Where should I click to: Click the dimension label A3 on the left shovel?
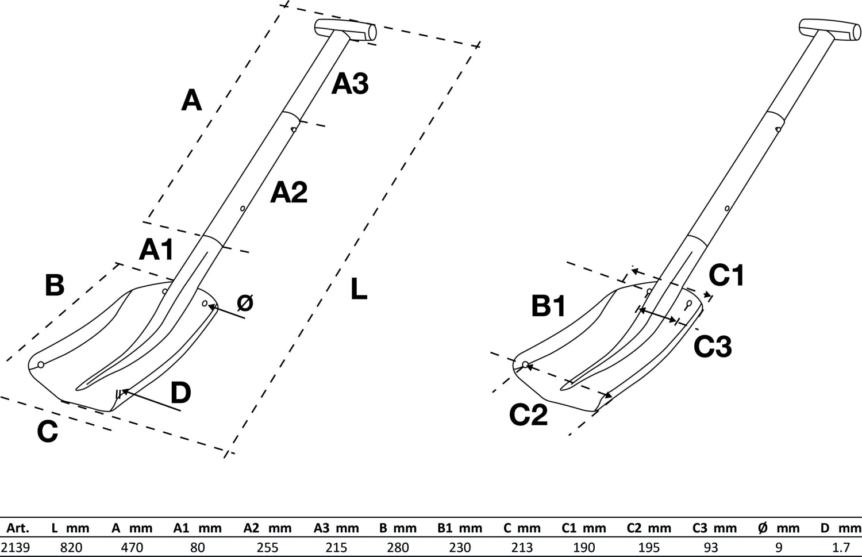350,84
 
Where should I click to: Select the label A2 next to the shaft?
289,192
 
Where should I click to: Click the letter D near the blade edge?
180,394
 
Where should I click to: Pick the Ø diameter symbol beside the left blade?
245,303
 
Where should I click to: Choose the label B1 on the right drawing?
549,306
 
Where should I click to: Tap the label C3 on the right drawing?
713,347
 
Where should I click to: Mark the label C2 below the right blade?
528,415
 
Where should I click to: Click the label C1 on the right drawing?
726,275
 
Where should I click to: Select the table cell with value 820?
71,547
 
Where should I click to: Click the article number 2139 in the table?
16,547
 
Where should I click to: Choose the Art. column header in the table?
17,528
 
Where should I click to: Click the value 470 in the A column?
132,547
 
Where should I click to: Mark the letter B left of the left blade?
55,285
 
